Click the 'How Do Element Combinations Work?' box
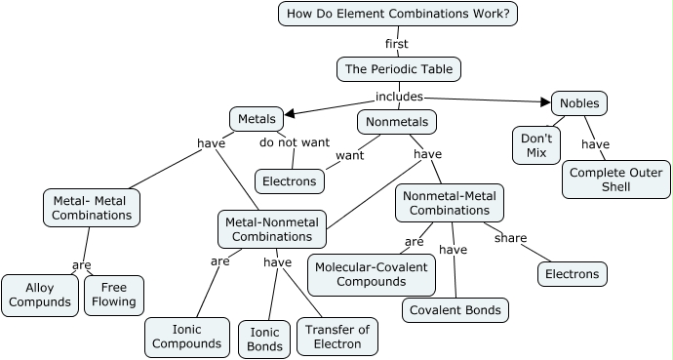point(398,14)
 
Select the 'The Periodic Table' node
point(398,69)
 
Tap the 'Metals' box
point(257,119)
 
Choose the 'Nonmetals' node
point(396,122)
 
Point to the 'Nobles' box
point(579,102)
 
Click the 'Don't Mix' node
point(536,145)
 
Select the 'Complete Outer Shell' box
point(616,180)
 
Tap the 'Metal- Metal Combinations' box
point(92,207)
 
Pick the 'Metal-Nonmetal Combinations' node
point(272,229)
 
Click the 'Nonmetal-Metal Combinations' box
point(450,202)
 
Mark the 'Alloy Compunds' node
point(40,295)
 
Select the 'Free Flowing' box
point(114,295)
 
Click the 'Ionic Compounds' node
point(186,337)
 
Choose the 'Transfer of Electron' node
point(337,337)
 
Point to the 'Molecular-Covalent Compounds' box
point(371,274)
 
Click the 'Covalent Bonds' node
point(455,310)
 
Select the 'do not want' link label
point(294,142)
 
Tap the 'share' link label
point(510,238)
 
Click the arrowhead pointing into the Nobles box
point(546,100)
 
